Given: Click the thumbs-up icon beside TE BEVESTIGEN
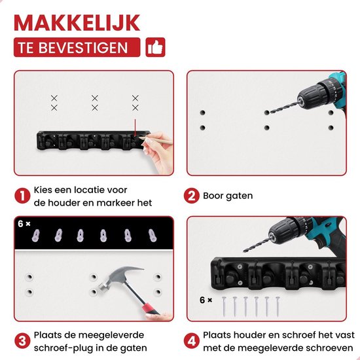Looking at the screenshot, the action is pos(155,47).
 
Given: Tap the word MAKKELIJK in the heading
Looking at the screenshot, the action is pos(77,22).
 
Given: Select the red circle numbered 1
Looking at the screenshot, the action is pos(22,196).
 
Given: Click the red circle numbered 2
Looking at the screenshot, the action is pos(191,196).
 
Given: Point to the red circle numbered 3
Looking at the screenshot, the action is pos(22,341).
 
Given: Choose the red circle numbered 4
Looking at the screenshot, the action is pos(191,341).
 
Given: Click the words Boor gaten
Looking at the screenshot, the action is pos(228,196).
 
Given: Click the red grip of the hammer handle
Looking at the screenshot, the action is pos(150,309).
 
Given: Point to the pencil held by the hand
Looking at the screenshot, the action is pos(156,141).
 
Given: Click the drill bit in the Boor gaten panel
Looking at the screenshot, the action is pos(285,107).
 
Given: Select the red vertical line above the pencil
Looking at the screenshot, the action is pos(135,128).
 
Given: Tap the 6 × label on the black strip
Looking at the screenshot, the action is pos(24,224).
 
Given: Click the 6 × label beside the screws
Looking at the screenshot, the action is pos(206,300).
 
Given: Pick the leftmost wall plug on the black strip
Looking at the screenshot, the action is pos(35,236).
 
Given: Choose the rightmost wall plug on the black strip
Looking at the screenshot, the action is pos(153,236).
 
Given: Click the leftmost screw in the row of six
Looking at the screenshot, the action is pos(224,306).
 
